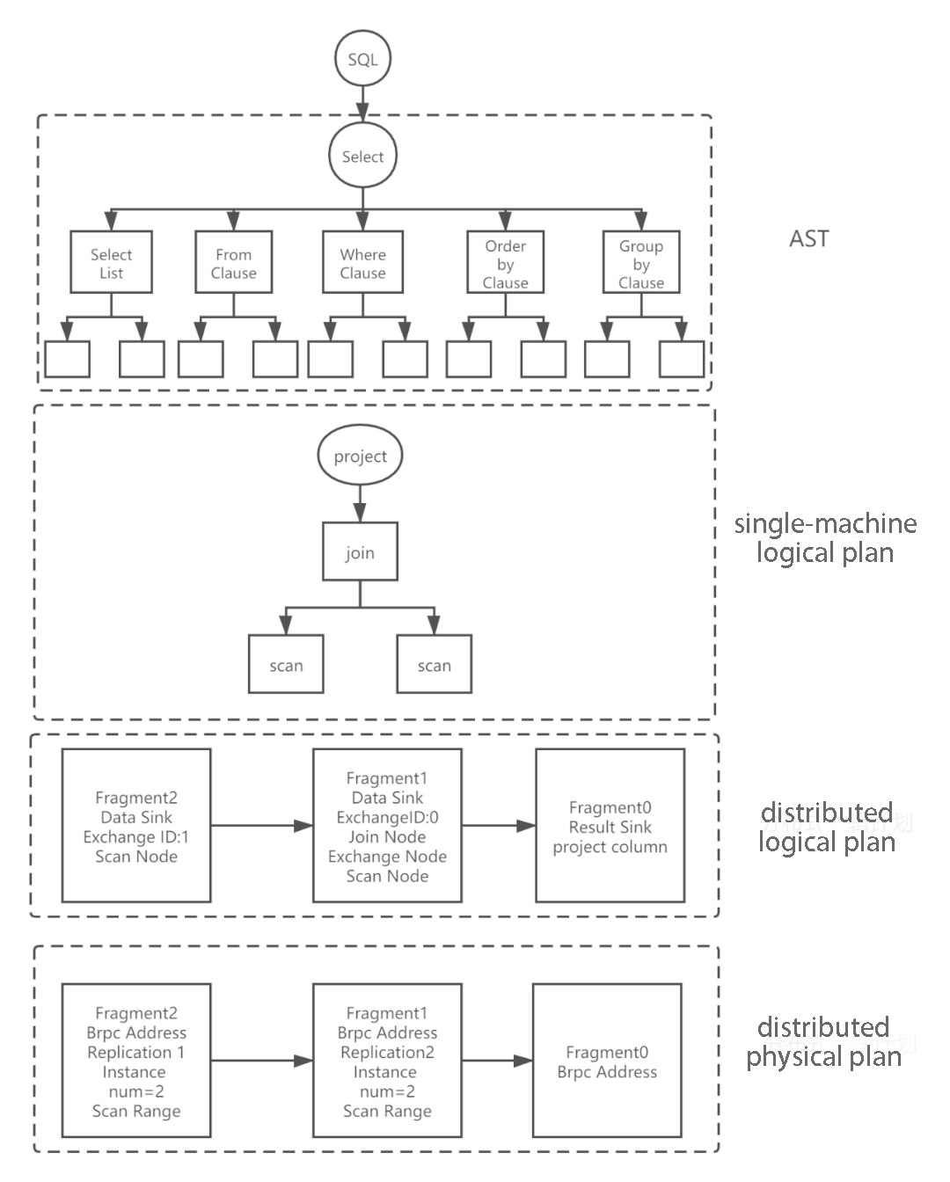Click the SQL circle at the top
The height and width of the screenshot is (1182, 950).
coord(362,59)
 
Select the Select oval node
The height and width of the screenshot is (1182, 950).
coord(362,157)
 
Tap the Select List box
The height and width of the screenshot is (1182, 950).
coord(111,262)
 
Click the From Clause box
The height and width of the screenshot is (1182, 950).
coord(233,262)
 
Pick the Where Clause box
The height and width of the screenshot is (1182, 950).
coord(362,262)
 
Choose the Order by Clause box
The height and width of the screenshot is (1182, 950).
coord(505,262)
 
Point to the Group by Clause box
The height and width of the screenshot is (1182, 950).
coord(640,262)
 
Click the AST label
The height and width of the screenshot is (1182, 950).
coord(808,238)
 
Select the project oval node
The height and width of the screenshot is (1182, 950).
coord(360,456)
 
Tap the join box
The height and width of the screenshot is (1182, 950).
coord(360,551)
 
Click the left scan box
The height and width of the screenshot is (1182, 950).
coord(286,664)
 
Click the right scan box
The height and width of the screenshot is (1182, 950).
coord(434,664)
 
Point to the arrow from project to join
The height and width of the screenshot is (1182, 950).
coord(360,504)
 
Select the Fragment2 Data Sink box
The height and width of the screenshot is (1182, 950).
coord(136,826)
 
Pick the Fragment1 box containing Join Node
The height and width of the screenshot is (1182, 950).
coord(387,826)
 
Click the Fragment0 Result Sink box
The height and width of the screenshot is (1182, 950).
coord(610,826)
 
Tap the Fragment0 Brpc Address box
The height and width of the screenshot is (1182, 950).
coord(607,1061)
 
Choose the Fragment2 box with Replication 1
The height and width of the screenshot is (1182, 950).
coord(136,1061)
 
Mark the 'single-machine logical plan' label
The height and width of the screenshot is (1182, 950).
coord(825,537)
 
